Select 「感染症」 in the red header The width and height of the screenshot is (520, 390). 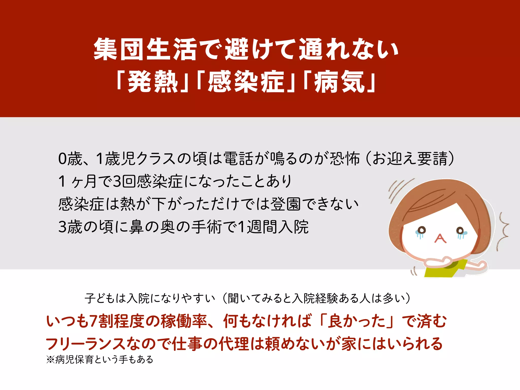tap(245, 82)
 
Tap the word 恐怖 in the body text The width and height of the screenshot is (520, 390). tap(344, 159)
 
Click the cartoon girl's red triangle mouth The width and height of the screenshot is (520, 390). tap(440, 239)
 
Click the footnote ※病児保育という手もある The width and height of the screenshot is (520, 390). tap(100, 360)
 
